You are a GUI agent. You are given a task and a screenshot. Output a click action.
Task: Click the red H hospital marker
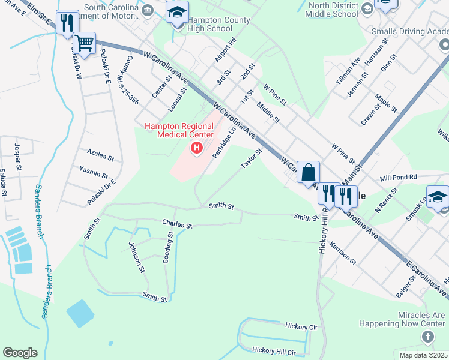pos(196,147)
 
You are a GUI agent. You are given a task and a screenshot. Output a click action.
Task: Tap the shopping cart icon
pos(85,43)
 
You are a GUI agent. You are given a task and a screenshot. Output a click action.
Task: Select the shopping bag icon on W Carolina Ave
pos(308,172)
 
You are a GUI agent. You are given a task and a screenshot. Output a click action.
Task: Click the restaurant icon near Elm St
pos(67,22)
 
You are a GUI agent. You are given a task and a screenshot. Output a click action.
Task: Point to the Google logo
pos(20,353)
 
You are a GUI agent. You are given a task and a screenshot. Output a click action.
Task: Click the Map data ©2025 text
pos(423,355)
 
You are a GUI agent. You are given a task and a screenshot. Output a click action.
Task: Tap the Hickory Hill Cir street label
pos(274,350)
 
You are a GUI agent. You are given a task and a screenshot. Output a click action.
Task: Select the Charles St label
pos(176,224)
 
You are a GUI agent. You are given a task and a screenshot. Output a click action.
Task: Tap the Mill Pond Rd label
pos(398,178)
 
